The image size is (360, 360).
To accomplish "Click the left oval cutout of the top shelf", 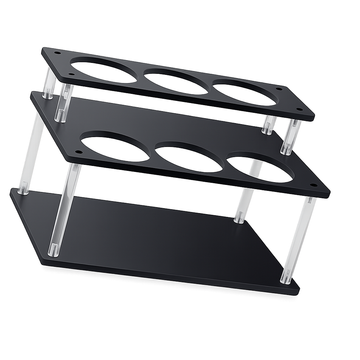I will pyautogui.click(x=104, y=71).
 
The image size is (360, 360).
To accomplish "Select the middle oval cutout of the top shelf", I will pyautogui.click(x=176, y=82).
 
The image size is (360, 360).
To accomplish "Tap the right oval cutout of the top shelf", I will pyautogui.click(x=245, y=93).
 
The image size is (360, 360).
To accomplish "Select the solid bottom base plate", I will pyautogui.click(x=158, y=239).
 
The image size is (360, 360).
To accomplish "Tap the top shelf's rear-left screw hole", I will pyautogui.click(x=57, y=53).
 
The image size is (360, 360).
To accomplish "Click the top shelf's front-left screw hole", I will pyautogui.click(x=71, y=74).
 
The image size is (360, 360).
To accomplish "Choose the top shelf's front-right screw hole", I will pyautogui.click(x=300, y=109).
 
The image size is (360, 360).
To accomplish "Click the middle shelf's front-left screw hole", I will pyautogui.click(x=78, y=152).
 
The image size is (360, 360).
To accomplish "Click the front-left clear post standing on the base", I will pyautogui.click(x=63, y=211).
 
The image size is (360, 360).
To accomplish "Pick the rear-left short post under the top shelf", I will pyautogui.click(x=49, y=84).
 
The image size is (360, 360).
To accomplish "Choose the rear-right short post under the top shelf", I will pyautogui.click(x=269, y=124).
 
